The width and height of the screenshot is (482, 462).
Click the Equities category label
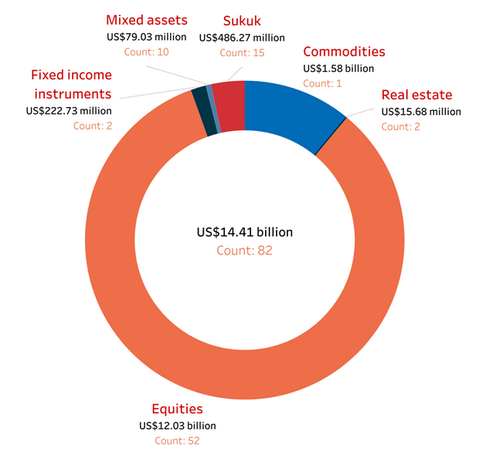(x=177, y=409)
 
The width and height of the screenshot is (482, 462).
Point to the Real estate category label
(x=417, y=96)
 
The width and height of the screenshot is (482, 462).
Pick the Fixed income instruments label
(x=71, y=84)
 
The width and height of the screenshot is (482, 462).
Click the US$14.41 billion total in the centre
(x=245, y=232)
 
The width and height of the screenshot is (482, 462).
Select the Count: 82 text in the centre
(x=245, y=250)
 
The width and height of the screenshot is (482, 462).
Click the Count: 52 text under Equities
(x=177, y=441)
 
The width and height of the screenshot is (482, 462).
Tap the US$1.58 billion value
(x=338, y=69)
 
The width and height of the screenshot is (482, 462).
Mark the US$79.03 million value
(x=147, y=37)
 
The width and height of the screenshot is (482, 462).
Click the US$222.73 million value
(x=69, y=110)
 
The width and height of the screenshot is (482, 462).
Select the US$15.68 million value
(x=421, y=112)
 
